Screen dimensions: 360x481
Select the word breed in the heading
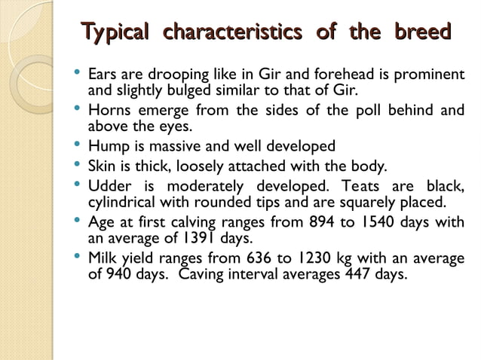coord(422,33)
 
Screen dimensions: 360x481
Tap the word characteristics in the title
coord(232,33)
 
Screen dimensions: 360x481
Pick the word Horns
coord(111,111)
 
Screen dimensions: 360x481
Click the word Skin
coord(103,166)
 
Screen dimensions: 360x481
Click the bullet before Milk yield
coord(78,257)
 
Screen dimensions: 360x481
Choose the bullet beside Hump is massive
coord(78,145)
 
